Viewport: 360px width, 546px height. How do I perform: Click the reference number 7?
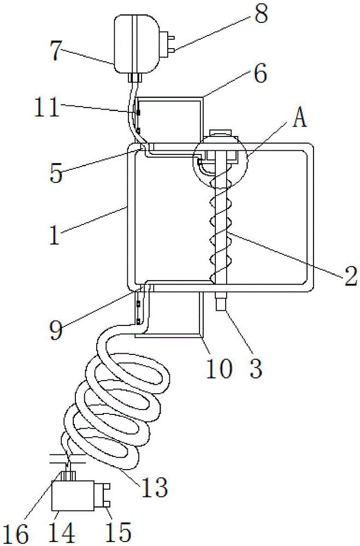(56, 50)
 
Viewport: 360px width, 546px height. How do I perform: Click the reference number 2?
(351, 276)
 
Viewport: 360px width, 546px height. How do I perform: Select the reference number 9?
(56, 329)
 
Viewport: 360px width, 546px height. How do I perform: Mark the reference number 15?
(119, 532)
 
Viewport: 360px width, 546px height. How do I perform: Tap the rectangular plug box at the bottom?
(73, 496)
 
